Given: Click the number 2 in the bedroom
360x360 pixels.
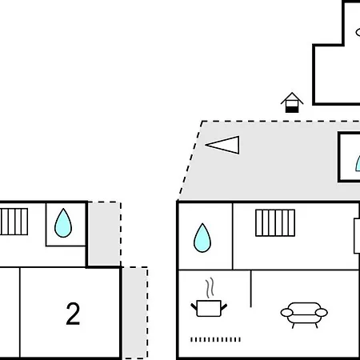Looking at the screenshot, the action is click(73, 314).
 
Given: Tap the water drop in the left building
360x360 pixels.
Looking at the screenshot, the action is click(63, 223).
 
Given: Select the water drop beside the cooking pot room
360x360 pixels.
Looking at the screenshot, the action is click(202, 238).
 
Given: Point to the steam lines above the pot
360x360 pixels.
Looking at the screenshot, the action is click(210, 288).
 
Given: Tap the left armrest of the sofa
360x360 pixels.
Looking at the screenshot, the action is click(286, 312).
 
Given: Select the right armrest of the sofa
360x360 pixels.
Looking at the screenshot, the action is click(322, 312).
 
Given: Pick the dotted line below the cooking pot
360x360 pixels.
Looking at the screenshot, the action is click(215, 339).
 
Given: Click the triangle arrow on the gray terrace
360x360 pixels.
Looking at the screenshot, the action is click(222, 145).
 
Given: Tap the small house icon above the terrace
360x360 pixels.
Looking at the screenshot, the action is click(292, 102).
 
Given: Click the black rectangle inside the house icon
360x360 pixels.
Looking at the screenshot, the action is click(292, 110).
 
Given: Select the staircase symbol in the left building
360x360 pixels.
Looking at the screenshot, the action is click(14, 222).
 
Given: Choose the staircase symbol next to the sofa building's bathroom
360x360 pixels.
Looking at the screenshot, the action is click(275, 223).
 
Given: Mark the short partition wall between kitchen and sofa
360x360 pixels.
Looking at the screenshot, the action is click(251, 289).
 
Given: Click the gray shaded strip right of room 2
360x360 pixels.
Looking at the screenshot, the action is click(135, 313).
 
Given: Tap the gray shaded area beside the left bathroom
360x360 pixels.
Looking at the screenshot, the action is click(104, 234).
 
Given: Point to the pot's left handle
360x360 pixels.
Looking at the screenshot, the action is click(194, 306).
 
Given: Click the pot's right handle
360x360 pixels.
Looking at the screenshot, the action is click(224, 307).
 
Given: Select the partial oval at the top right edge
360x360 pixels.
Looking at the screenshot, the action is click(358, 32).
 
